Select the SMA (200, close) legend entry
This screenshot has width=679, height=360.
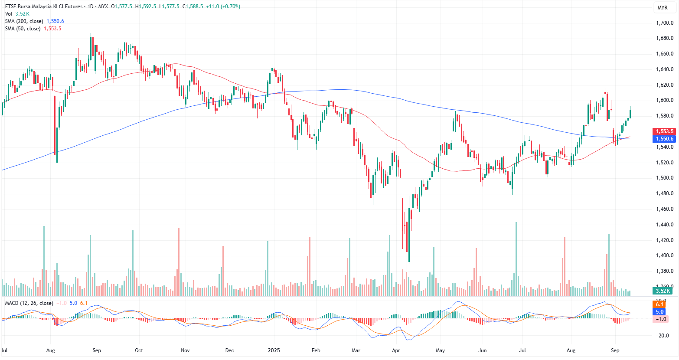click(x=24, y=21)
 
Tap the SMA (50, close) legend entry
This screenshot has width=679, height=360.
click(x=23, y=29)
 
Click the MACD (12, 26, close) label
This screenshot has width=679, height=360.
click(x=29, y=303)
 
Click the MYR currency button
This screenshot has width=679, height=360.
click(x=663, y=8)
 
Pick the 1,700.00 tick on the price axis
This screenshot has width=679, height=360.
click(x=664, y=23)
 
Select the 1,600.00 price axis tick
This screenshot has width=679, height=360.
click(x=664, y=100)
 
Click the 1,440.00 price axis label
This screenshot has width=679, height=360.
click(x=664, y=225)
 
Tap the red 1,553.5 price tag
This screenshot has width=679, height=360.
click(x=664, y=131)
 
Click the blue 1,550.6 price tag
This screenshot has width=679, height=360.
click(x=664, y=139)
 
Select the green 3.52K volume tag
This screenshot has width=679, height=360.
click(x=663, y=291)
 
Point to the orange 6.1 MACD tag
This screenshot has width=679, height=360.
click(x=659, y=304)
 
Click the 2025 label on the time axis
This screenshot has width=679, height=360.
click(x=274, y=350)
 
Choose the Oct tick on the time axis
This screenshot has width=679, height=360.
click(x=139, y=350)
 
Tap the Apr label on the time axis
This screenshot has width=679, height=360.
click(x=396, y=350)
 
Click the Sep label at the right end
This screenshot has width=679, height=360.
click(x=615, y=350)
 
